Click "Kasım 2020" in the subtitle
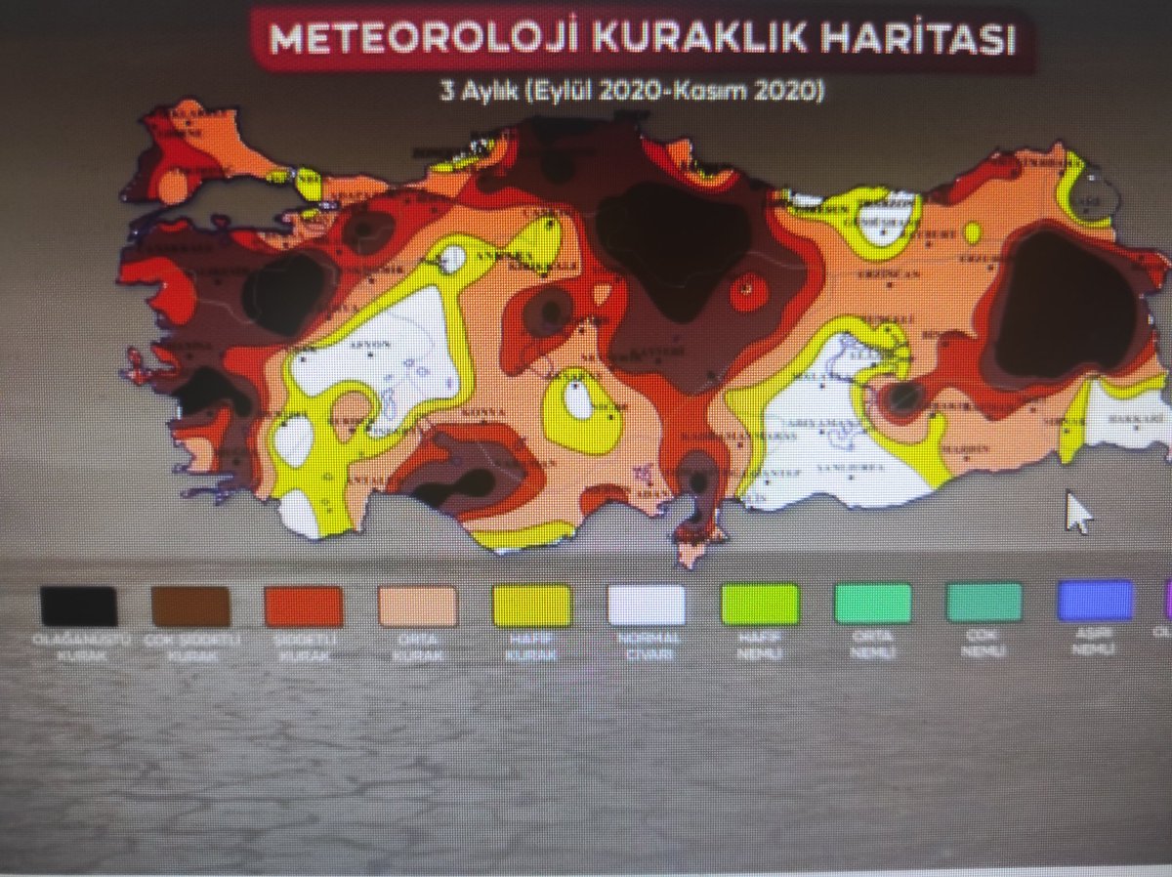766,92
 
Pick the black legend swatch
79,606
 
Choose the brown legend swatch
191,606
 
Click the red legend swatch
304,606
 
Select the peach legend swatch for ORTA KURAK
418,606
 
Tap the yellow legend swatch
531,606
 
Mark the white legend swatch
646,605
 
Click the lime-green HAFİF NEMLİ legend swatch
759,604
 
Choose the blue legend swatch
1095,601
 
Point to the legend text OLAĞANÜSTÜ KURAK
78,648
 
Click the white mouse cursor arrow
1077,512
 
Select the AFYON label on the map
377,344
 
